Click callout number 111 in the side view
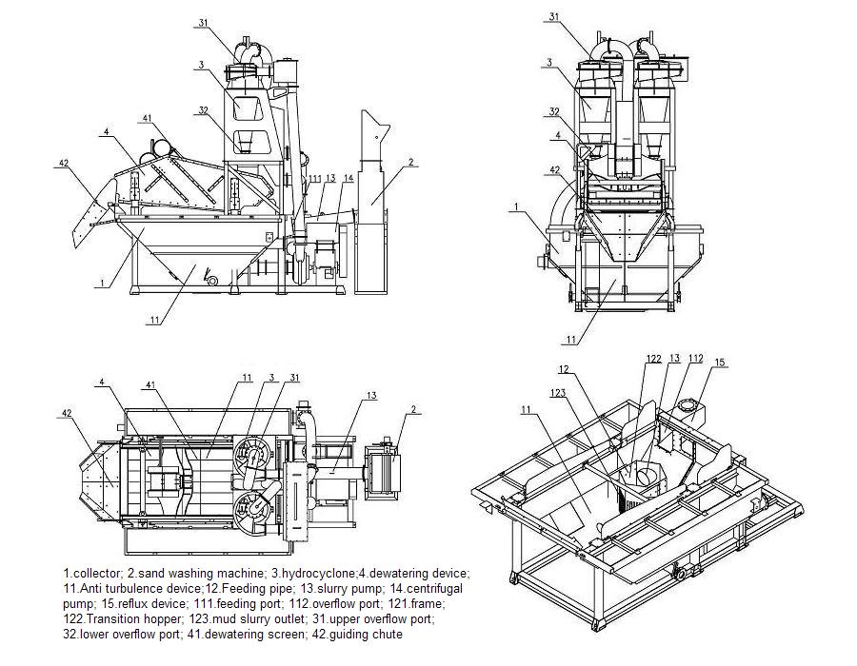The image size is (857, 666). point(314,178)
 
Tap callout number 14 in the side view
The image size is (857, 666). point(348,178)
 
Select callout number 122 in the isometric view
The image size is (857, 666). point(653,359)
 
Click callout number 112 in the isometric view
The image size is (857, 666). point(695,359)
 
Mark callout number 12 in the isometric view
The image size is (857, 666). point(564,368)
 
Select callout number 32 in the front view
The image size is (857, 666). point(553,111)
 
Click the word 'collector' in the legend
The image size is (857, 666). point(95,573)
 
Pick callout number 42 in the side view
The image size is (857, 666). point(64,164)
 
